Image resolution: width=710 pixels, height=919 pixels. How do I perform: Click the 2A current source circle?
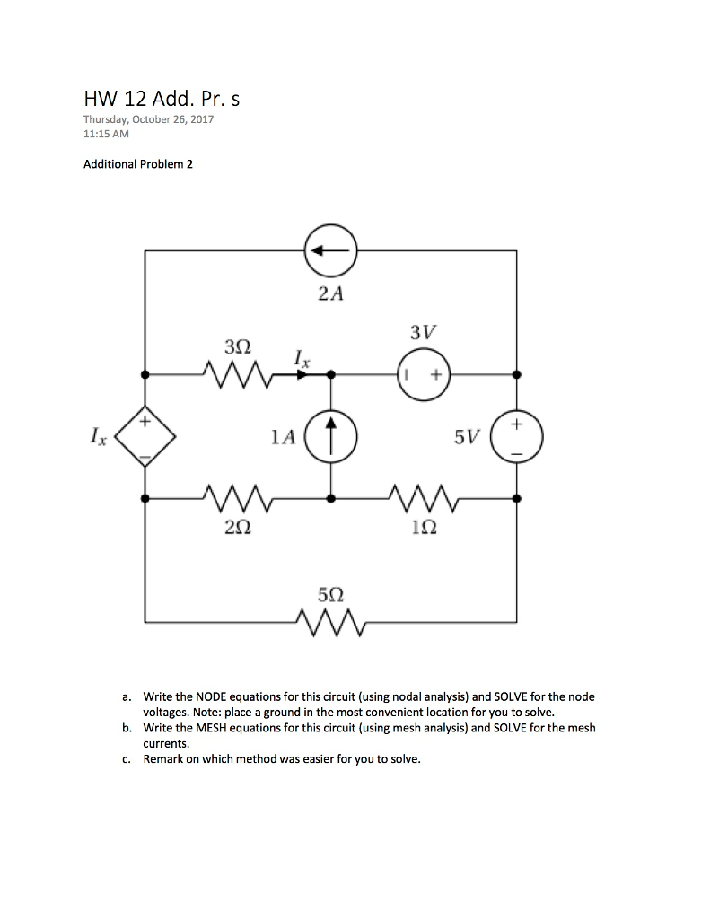[331, 251]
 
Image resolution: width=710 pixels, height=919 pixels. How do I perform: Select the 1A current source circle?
[331, 437]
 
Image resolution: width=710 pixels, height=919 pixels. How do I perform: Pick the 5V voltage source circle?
[517, 437]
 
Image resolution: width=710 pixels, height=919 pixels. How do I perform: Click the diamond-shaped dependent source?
[146, 437]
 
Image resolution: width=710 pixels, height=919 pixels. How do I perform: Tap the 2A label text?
[331, 293]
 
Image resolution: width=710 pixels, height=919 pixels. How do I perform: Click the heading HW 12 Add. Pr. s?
[162, 99]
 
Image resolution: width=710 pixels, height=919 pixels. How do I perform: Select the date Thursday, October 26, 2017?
[149, 119]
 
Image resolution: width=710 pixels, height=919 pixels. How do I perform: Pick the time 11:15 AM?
[106, 134]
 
